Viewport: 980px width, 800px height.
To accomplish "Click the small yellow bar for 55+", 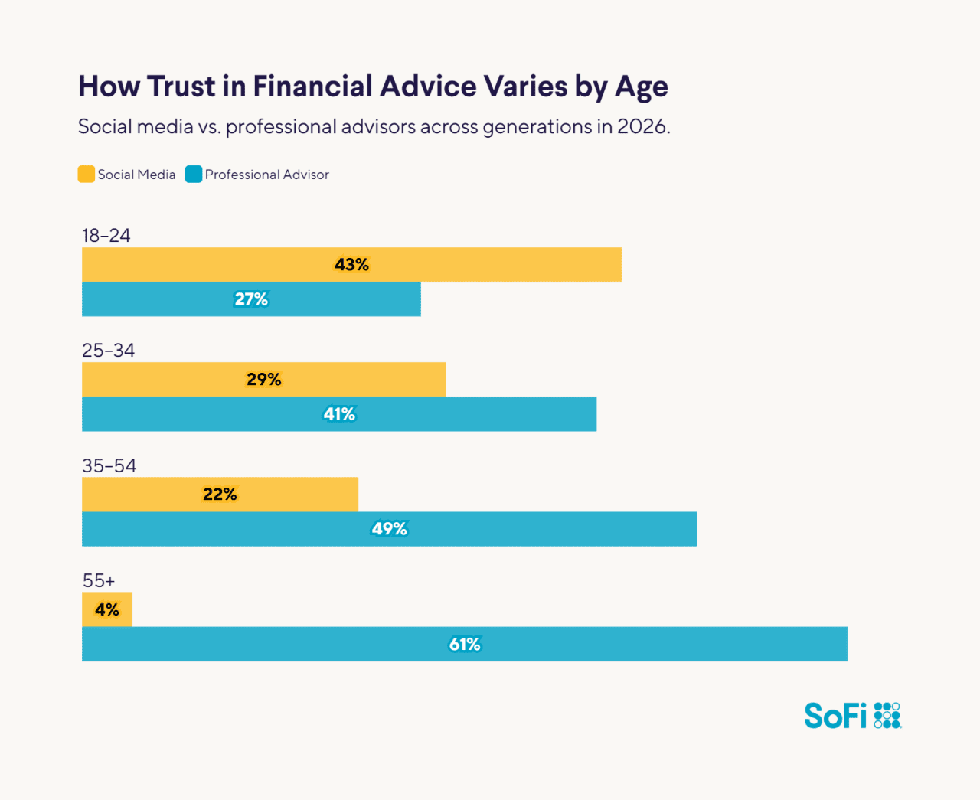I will (x=107, y=609).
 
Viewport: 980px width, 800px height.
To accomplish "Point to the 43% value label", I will (x=351, y=265).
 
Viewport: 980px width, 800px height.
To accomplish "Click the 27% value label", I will (x=251, y=299).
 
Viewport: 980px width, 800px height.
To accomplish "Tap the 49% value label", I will (x=389, y=529).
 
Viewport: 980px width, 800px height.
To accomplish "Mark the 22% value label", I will (x=220, y=495).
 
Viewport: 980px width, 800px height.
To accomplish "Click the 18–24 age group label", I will (x=106, y=236).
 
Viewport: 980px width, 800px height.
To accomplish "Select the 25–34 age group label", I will (x=108, y=351).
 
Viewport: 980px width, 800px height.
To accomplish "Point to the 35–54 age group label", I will (x=109, y=466).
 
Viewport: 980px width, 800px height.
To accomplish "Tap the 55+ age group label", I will (x=99, y=581).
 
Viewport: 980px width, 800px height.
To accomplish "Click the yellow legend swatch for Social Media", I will (x=87, y=175).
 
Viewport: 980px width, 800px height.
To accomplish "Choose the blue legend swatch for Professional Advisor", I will (x=194, y=175).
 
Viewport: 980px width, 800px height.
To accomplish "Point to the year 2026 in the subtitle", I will (x=643, y=126).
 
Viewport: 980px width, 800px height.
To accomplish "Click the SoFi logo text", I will (x=835, y=716).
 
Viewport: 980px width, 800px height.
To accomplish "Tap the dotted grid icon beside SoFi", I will (x=887, y=715).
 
